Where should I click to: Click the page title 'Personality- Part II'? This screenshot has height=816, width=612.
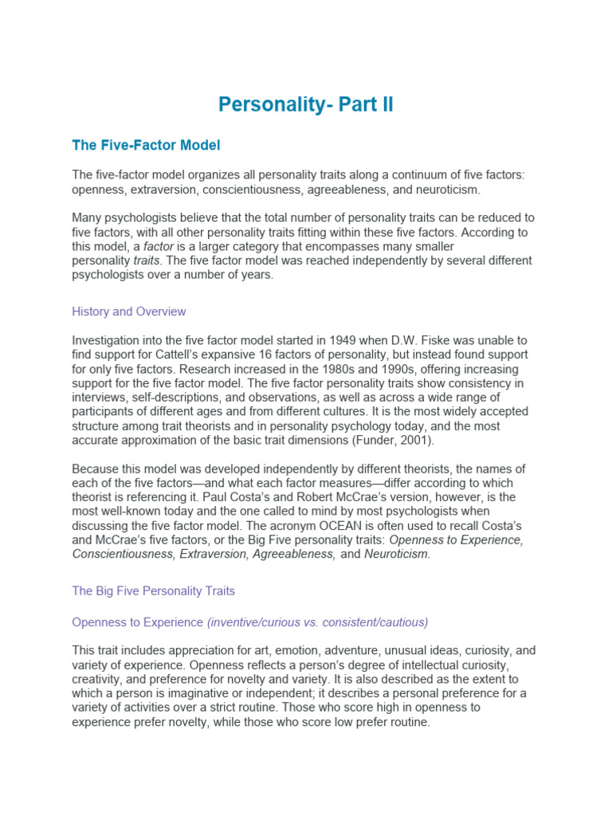[306, 104]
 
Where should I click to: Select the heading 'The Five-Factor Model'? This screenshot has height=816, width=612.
[146, 145]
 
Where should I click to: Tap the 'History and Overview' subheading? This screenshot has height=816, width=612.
[128, 311]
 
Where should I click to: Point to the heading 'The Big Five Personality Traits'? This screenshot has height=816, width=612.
[153, 590]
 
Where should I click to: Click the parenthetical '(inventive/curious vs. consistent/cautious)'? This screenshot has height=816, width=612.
[317, 622]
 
